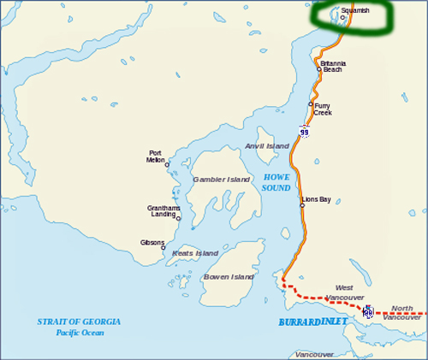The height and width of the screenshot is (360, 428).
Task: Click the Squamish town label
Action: [x=356, y=10]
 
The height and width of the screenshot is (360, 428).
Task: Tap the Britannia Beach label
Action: [x=332, y=66]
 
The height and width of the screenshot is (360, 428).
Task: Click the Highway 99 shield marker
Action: [x=304, y=131]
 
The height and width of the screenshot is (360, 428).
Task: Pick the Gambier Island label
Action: [x=221, y=180]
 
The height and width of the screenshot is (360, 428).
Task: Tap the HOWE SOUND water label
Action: [x=276, y=181]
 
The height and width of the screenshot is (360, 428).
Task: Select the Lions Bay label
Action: [x=316, y=199]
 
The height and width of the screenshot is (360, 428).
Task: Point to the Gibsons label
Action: [x=152, y=243]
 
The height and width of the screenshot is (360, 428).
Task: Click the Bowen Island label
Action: [x=229, y=277]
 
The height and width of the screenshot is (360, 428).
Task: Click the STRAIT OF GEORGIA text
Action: [x=79, y=322]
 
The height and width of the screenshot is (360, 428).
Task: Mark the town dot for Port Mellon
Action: [x=167, y=164]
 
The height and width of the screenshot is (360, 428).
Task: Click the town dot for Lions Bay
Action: [x=301, y=205]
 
